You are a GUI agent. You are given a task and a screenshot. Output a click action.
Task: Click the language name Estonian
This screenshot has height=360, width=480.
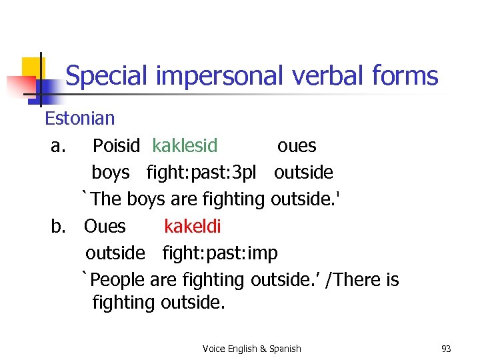[x=79, y=119]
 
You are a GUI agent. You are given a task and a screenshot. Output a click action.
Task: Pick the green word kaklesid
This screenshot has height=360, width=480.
[x=185, y=146]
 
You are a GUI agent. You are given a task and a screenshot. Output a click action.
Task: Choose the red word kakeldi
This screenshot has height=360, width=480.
[x=192, y=227]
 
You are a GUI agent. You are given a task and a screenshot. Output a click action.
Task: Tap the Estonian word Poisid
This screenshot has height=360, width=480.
[x=116, y=146]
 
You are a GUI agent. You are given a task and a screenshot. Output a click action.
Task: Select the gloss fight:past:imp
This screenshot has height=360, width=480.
[x=220, y=253]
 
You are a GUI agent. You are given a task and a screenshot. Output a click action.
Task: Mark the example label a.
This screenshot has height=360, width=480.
[x=57, y=146]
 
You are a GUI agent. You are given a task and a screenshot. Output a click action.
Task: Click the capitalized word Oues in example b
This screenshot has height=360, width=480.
[x=105, y=227]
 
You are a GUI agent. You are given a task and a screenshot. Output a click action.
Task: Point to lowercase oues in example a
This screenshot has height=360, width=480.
[x=297, y=146]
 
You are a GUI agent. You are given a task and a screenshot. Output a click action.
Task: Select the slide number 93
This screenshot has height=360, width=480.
[x=447, y=349]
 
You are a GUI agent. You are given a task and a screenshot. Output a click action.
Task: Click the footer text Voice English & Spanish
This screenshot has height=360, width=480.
[x=251, y=349]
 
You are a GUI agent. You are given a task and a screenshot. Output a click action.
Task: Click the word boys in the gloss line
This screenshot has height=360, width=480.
[x=111, y=173]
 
